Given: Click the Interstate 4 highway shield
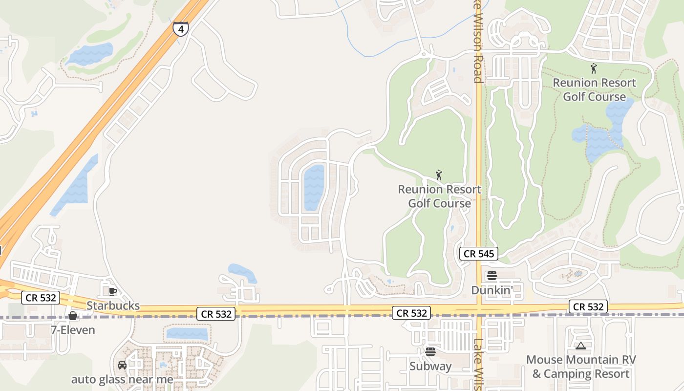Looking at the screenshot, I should pyautogui.click(x=181, y=29).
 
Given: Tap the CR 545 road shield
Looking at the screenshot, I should pyautogui.click(x=479, y=254).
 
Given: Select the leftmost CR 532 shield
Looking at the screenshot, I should pyautogui.click(x=41, y=298).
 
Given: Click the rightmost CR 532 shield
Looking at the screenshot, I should pyautogui.click(x=588, y=307).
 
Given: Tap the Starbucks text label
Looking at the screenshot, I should pyautogui.click(x=113, y=306).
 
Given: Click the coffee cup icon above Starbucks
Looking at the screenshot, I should pyautogui.click(x=113, y=292).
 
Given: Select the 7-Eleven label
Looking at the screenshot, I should pyautogui.click(x=73, y=330).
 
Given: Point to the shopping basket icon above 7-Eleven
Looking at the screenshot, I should pyautogui.click(x=73, y=316).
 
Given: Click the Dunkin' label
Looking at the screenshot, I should pyautogui.click(x=492, y=290).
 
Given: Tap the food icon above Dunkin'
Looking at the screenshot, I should pyautogui.click(x=492, y=276).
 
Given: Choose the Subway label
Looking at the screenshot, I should pyautogui.click(x=430, y=366).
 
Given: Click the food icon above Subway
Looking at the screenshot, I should pyautogui.click(x=430, y=351).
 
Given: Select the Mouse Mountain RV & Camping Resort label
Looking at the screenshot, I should pyautogui.click(x=581, y=367).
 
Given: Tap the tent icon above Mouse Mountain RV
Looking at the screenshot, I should pyautogui.click(x=580, y=346).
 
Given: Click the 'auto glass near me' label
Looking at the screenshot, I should pyautogui.click(x=122, y=379).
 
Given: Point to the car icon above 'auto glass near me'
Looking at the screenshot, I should pyautogui.click(x=122, y=365).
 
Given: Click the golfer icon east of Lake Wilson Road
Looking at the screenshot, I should pyautogui.click(x=594, y=69).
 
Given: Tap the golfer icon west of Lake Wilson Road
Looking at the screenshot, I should pyautogui.click(x=439, y=175).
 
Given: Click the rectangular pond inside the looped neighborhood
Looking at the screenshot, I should pyautogui.click(x=314, y=188).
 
